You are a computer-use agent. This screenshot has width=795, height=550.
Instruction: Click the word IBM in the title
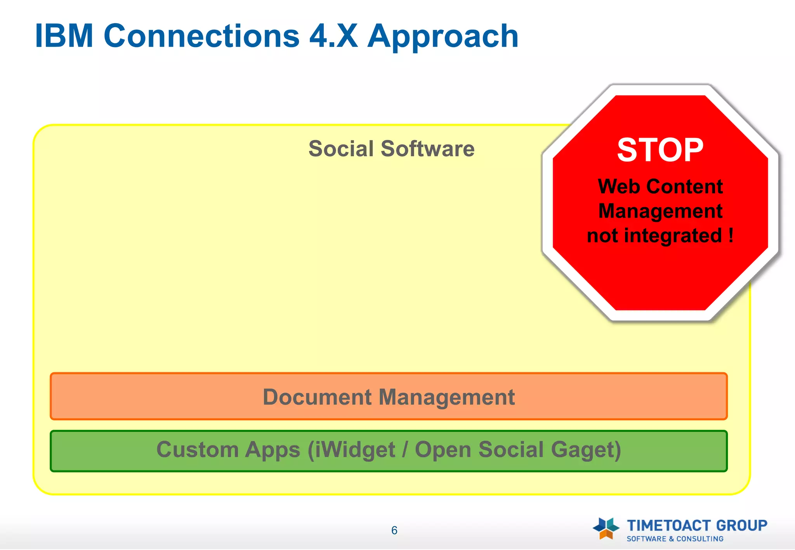pos(64,36)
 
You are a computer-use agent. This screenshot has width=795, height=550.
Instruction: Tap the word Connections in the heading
pos(201,36)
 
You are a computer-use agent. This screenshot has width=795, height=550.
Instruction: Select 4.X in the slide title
pos(333,36)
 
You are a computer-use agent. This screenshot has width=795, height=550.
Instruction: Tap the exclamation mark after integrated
pos(731,235)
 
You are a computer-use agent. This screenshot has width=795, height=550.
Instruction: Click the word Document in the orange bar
pos(317,397)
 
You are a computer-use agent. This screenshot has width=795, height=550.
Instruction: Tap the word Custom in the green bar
pos(197,450)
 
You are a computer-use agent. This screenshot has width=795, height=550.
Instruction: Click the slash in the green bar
pos(405,450)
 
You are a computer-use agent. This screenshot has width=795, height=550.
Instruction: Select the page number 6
pos(394,530)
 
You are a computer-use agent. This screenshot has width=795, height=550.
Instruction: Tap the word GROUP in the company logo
pos(741,526)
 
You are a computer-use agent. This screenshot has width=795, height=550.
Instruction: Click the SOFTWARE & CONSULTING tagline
pos(675,539)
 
